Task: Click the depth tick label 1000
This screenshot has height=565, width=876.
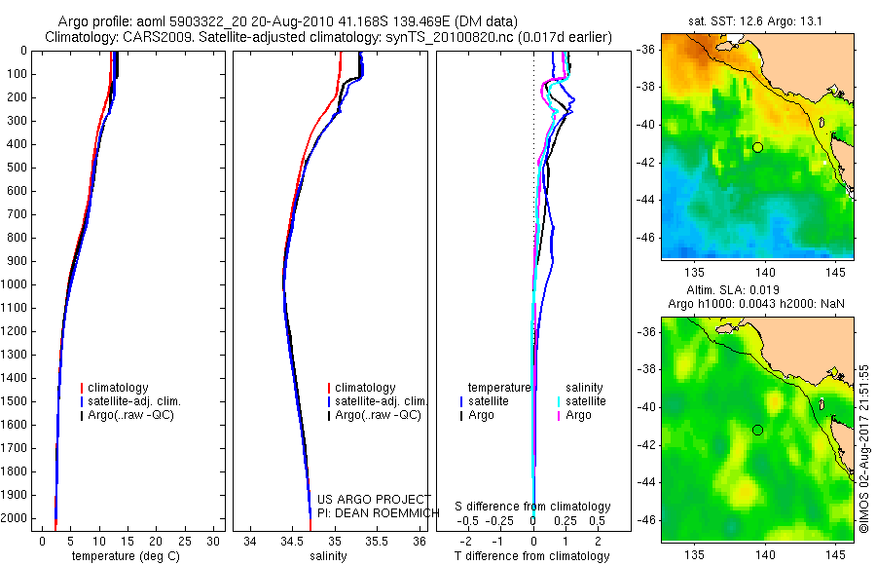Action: tap(15, 284)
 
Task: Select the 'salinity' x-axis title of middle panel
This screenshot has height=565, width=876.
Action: tap(328, 556)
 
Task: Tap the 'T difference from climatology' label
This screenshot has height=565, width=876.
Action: tap(531, 556)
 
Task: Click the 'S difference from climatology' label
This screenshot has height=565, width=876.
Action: tap(532, 507)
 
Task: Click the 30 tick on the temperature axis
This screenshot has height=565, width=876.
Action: tap(214, 541)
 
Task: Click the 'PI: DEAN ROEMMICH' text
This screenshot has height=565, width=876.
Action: tap(370, 513)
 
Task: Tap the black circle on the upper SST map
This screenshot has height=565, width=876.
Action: tap(757, 147)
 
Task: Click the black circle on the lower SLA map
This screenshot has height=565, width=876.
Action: tap(757, 430)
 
